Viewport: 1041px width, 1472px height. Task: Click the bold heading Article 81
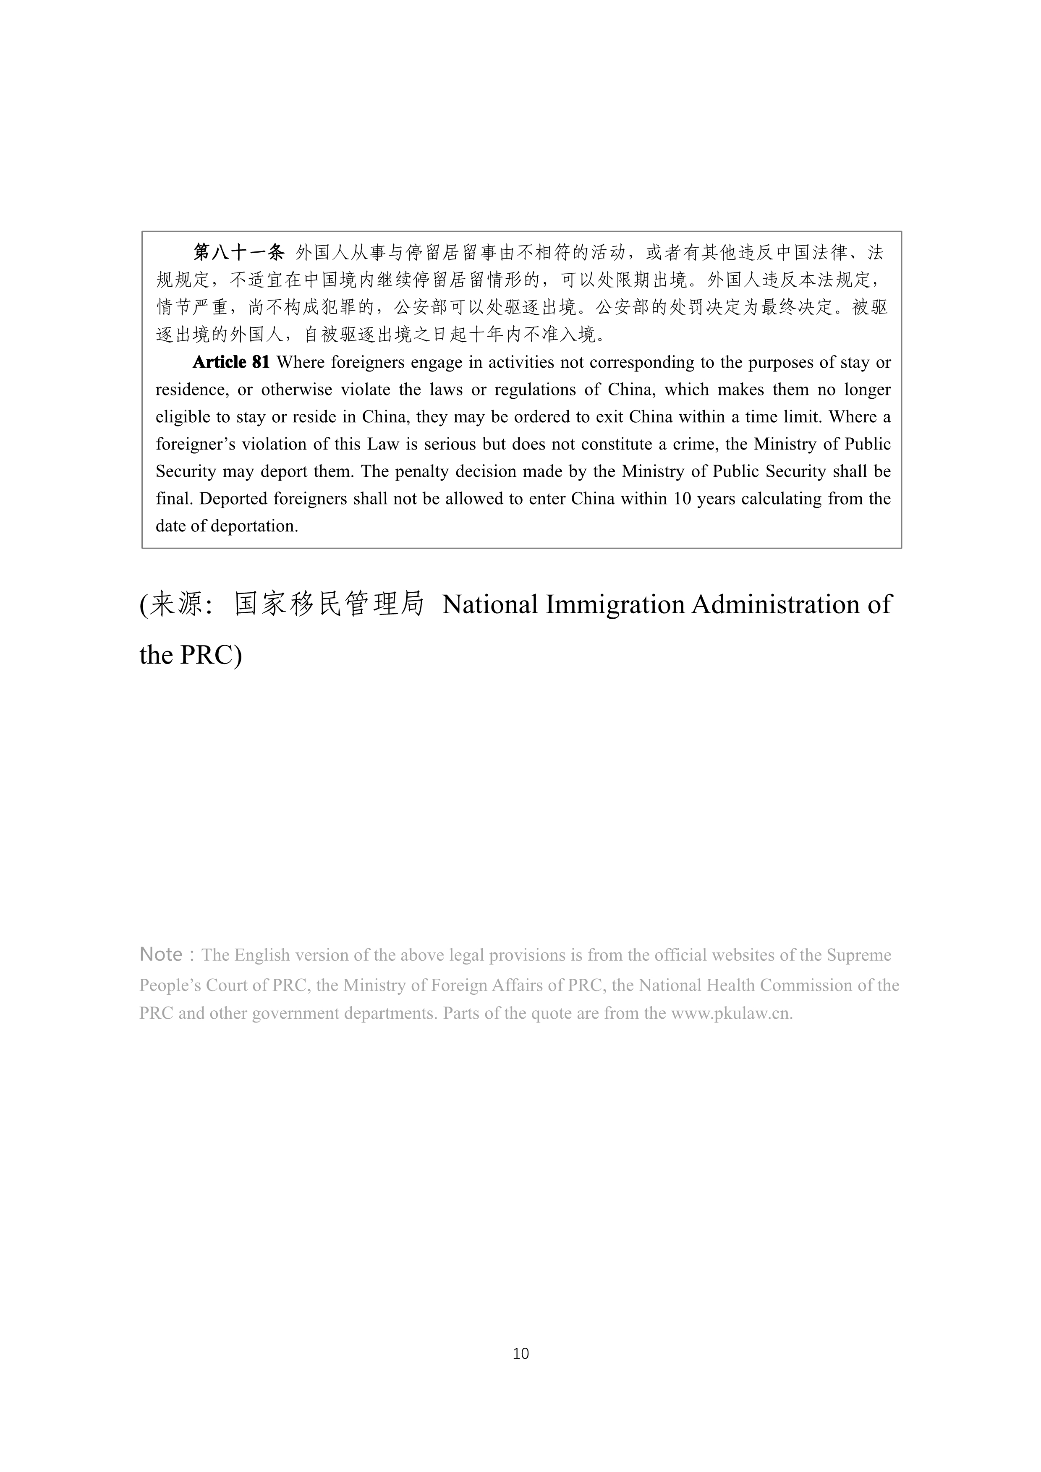coord(231,363)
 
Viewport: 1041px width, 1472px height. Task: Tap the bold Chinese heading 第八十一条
coord(238,253)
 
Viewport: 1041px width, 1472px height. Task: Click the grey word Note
coord(161,954)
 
